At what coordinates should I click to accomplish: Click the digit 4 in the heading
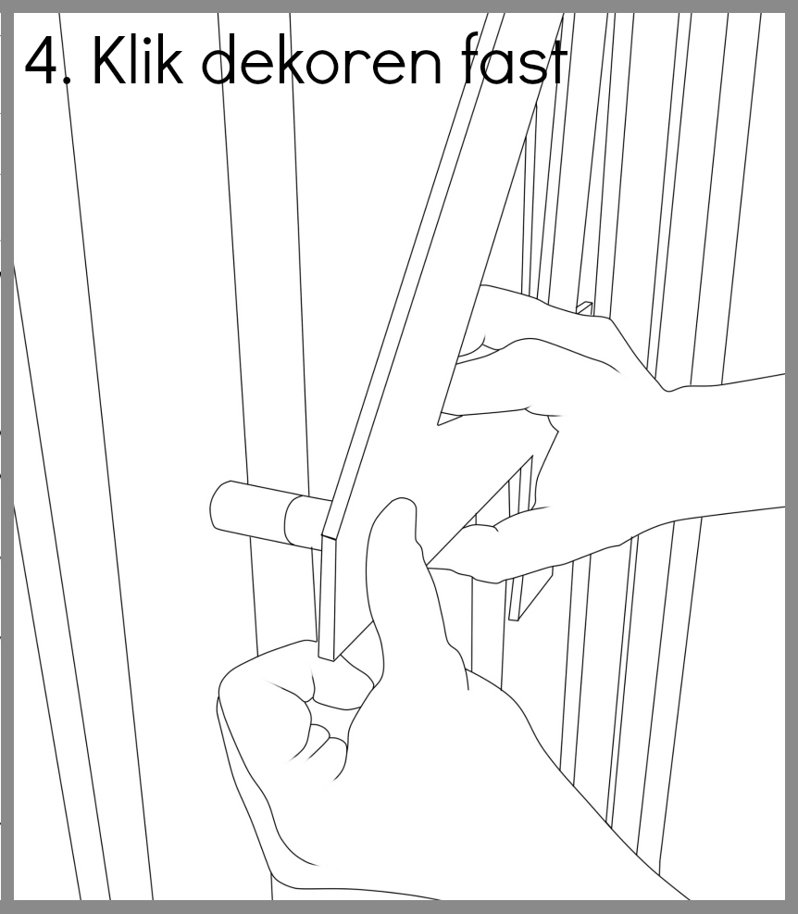(x=42, y=60)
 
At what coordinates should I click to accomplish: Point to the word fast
(x=513, y=59)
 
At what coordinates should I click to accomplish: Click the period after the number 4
(x=69, y=78)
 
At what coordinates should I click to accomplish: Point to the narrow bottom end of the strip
(x=328, y=653)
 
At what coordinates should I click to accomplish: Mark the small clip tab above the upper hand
(x=585, y=308)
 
